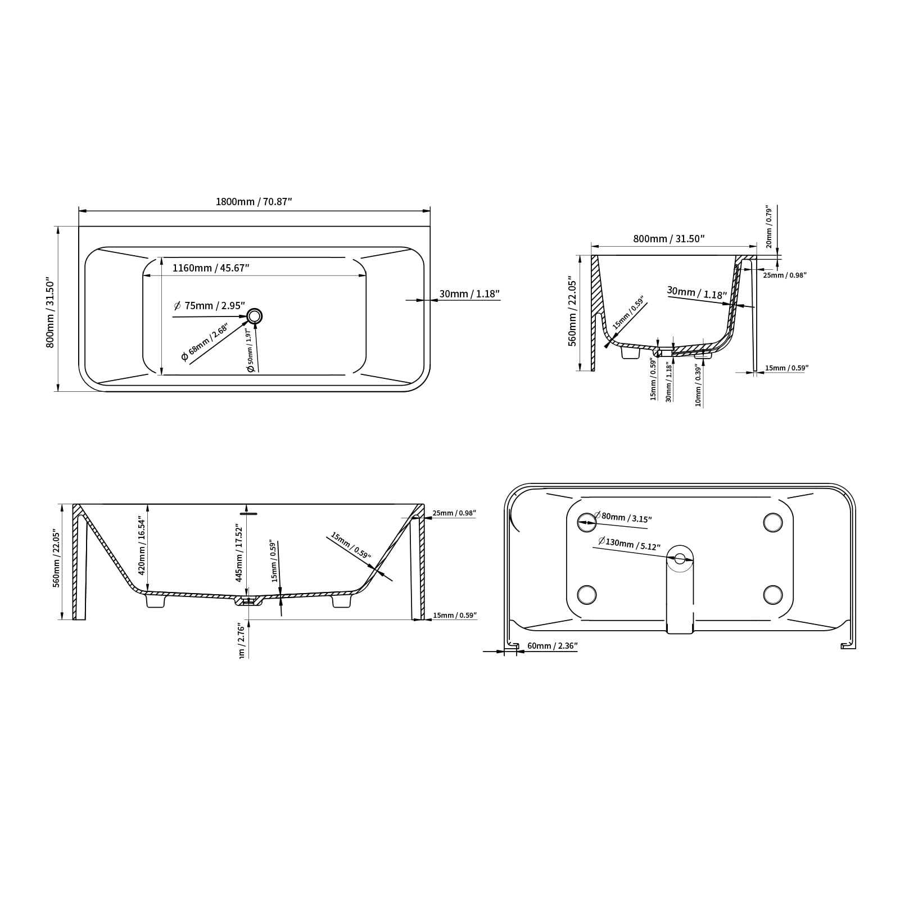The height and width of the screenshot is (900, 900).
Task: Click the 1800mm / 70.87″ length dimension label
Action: pos(254,202)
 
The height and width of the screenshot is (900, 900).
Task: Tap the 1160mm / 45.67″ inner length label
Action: pos(211,268)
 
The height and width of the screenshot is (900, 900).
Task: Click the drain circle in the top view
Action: pos(255,316)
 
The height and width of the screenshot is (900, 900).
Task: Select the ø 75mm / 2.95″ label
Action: pos(210,306)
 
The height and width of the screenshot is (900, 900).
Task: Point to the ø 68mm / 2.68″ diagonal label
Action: pos(203,343)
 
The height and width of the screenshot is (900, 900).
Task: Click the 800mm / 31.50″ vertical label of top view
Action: pos(50,311)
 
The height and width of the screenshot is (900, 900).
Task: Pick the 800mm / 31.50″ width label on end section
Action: pos(669,239)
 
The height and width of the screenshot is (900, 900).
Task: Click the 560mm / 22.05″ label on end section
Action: pos(572,311)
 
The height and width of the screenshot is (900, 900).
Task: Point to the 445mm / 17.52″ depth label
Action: pos(239,553)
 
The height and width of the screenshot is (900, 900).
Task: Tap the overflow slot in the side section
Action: pos(248,513)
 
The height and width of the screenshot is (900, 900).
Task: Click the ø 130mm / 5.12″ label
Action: pos(628,544)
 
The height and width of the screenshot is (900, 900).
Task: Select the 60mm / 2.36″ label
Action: pos(552,646)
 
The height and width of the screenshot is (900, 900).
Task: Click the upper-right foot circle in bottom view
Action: pos(773,522)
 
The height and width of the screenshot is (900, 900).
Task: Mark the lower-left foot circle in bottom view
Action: pos(587,594)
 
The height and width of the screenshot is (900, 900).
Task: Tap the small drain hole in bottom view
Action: pos(680,558)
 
